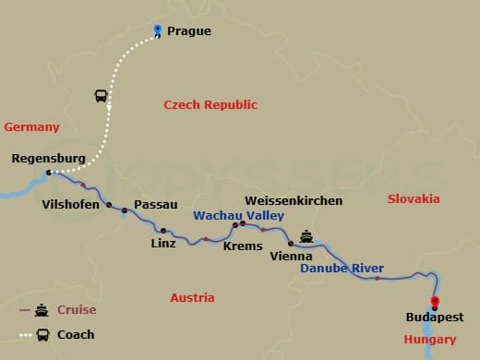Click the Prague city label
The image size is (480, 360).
pyautogui.click(x=188, y=30)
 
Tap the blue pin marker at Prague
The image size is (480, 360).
pyautogui.click(x=158, y=30)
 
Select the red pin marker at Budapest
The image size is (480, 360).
pyautogui.click(x=435, y=302)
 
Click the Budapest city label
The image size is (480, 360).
pyautogui.click(x=434, y=318)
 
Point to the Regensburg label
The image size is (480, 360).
pyautogui.click(x=48, y=159)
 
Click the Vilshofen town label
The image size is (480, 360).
pyautogui.click(x=70, y=204)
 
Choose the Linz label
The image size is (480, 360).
pyautogui.click(x=163, y=245)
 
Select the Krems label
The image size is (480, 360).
pyautogui.click(x=243, y=246)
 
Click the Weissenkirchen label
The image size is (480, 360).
pyautogui.click(x=293, y=200)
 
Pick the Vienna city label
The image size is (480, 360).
pyautogui.click(x=290, y=256)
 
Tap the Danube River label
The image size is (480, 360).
pyautogui.click(x=342, y=269)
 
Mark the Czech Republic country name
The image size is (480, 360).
pyautogui.click(x=210, y=105)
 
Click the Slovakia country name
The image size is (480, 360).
pyautogui.click(x=413, y=198)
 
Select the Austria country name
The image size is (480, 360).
pyautogui.click(x=192, y=297)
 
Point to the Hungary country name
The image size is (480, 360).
pyautogui.click(x=429, y=340)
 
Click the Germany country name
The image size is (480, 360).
pyautogui.click(x=31, y=127)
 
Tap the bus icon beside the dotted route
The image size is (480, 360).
pyautogui.click(x=101, y=96)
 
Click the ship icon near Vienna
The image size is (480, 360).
pyautogui.click(x=306, y=236)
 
